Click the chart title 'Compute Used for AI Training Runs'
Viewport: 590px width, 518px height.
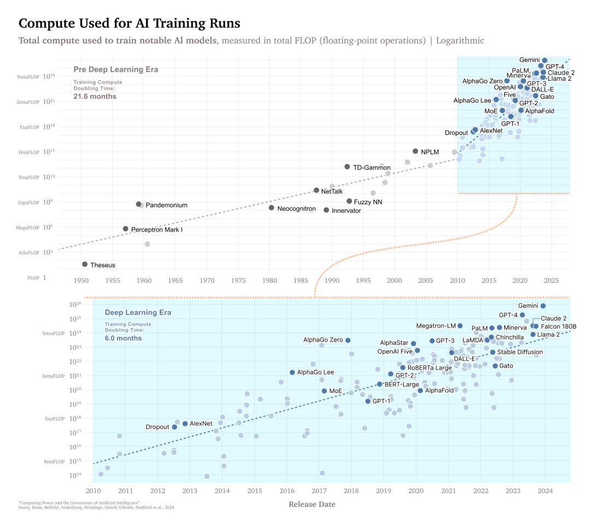(129, 23)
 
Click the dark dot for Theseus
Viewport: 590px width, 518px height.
(85, 264)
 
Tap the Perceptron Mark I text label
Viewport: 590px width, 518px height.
(157, 230)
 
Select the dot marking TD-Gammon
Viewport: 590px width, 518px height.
(347, 166)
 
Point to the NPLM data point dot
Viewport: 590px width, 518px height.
(415, 151)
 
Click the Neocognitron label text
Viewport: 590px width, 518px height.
(296, 209)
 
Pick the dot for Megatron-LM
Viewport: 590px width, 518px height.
(460, 326)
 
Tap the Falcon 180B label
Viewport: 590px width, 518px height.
(558, 326)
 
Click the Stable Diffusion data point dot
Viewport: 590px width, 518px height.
(492, 352)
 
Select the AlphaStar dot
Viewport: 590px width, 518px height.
(414, 343)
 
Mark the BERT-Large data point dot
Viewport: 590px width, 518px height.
(380, 384)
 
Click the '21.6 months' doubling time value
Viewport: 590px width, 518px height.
(95, 97)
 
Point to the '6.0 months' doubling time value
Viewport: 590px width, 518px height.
(123, 338)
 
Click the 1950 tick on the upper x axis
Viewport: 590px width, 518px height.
(81, 280)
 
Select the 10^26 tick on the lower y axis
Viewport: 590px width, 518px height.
(75, 305)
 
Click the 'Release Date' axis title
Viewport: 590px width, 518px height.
(312, 504)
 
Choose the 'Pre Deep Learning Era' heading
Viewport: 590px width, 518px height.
(116, 69)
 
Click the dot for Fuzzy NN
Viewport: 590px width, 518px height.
(349, 201)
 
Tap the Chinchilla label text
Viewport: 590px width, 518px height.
(510, 337)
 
